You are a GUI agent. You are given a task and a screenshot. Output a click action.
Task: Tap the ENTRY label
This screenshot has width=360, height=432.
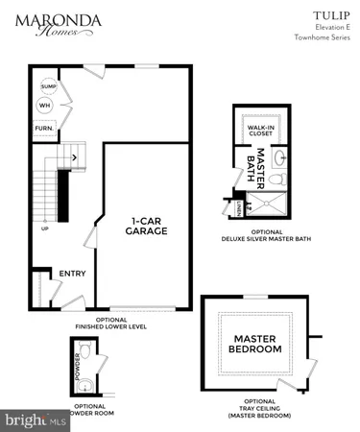pyautogui.click(x=73, y=274)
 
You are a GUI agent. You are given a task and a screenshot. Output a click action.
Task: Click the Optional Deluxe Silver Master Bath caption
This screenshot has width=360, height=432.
pyautogui.click(x=261, y=234)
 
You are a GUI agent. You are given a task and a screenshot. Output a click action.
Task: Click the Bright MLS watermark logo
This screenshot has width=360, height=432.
pyautogui.click(x=36, y=420)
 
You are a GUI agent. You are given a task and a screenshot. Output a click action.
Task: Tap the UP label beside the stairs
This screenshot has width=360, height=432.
pyautogui.click(x=44, y=228)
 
